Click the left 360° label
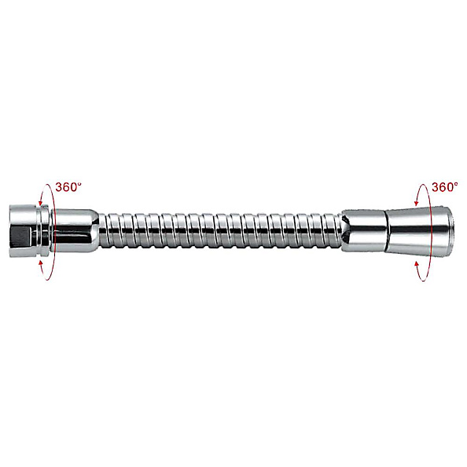pyautogui.click(x=68, y=187)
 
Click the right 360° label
pyautogui.click(x=444, y=187)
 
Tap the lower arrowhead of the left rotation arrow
pyautogui.click(x=41, y=263)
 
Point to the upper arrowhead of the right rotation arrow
pyautogui.click(x=417, y=203)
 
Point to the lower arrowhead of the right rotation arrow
pyautogui.click(x=417, y=263)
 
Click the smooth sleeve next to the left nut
pyautogui.click(x=75, y=231)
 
